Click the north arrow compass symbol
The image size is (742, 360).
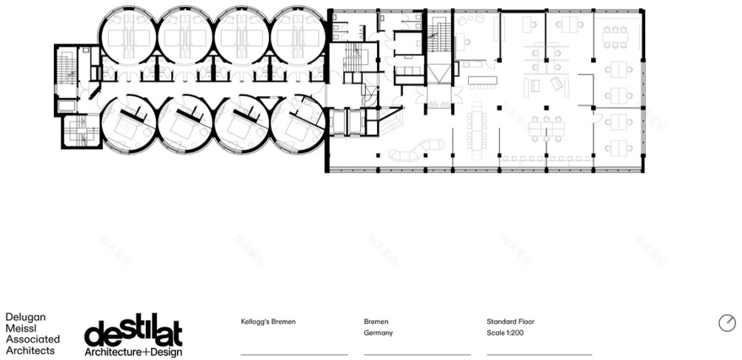coord(727,323)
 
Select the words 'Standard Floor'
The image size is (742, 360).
coord(511,321)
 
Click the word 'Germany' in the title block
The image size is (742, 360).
coord(379,333)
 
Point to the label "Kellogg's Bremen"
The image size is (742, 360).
coord(269,321)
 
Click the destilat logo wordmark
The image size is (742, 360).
coord(133,330)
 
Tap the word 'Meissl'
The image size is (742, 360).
coord(21,328)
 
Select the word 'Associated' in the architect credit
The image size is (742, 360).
coord(33,339)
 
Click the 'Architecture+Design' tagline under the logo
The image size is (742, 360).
coord(133,351)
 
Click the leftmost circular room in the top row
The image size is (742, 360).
coord(128,35)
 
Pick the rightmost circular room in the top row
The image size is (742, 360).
coord(298,35)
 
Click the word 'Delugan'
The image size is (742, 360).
coord(26,317)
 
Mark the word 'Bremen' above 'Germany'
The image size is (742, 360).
coord(377,321)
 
